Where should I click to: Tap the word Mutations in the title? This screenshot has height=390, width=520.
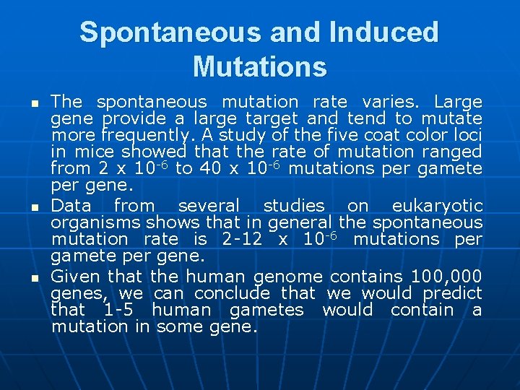(260, 66)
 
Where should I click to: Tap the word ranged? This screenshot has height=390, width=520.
(453, 152)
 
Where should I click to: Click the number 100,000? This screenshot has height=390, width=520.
(446, 276)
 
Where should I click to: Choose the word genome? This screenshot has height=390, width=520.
(287, 277)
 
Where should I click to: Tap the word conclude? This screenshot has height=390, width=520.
(232, 292)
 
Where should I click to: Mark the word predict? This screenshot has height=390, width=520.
(453, 292)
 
